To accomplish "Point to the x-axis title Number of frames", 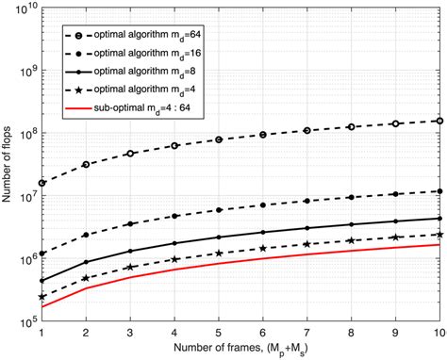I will click(x=240, y=351).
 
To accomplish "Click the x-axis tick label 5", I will click(x=219, y=333).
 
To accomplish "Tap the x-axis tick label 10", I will click(x=439, y=333).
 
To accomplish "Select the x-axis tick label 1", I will click(x=42, y=333).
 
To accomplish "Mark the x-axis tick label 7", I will click(x=306, y=333).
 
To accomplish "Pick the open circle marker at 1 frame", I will click(x=42, y=183).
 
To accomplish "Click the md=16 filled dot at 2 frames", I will click(x=87, y=235).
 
